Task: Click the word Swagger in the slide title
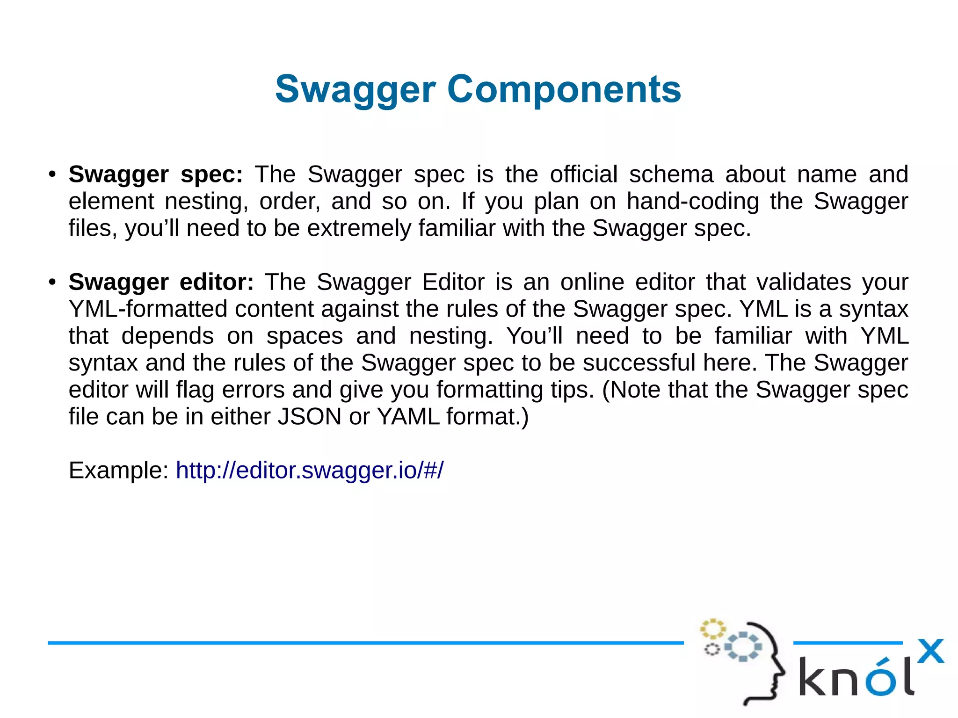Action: pos(356,90)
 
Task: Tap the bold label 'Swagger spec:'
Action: pos(155,174)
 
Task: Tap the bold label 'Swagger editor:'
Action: pos(161,282)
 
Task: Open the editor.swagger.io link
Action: pos(309,470)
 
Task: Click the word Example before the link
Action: pos(118,470)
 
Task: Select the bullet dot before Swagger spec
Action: pos(52,175)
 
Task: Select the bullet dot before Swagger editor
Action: pos(52,283)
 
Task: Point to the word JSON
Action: pos(309,416)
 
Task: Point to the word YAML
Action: pos(408,416)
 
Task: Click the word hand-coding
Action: pos(693,202)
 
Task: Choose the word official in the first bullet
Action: pos(583,174)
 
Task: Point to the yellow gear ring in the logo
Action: pos(712,629)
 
